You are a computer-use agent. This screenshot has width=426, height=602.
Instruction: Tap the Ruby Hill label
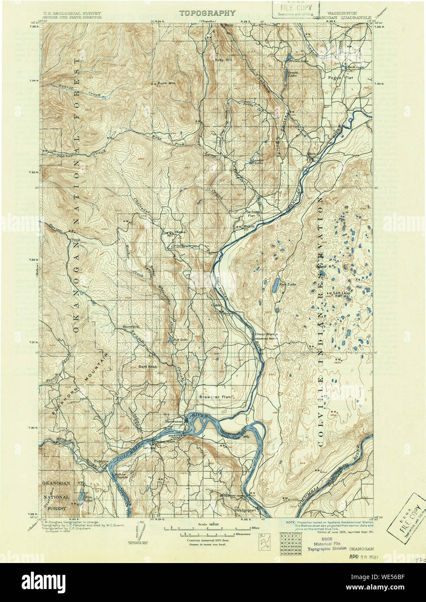(x=223, y=60)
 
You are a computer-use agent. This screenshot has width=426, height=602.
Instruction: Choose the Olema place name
(x=180, y=232)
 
